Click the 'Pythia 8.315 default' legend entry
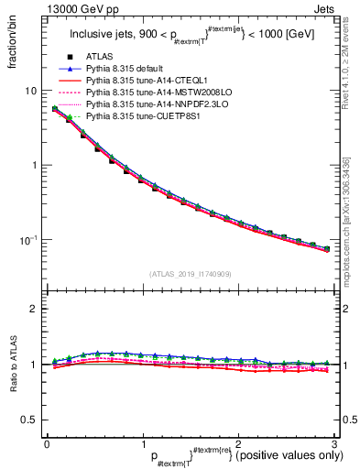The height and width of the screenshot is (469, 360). (x=128, y=70)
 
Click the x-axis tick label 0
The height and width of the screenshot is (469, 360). (x=47, y=443)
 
